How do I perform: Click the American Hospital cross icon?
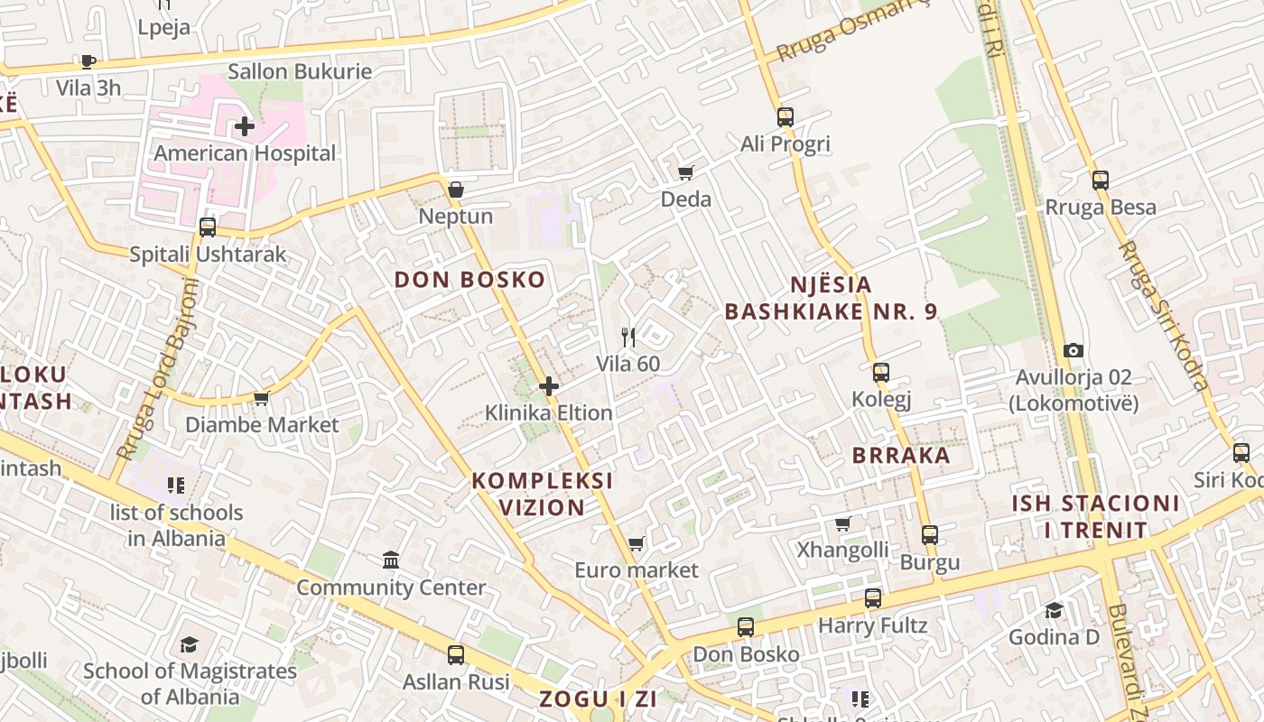[244, 126]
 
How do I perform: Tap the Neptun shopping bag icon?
[456, 190]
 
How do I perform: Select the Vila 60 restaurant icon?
[628, 338]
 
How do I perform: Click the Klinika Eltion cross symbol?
[548, 387]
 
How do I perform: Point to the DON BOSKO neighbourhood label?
[469, 280]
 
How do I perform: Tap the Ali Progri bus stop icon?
[785, 116]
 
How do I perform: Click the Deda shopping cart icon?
[685, 172]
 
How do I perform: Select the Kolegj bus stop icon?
[881, 372]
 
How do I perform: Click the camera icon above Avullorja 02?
[1073, 350]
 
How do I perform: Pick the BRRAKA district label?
[901, 456]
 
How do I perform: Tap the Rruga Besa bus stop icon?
[1100, 180]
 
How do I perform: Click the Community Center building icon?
[391, 560]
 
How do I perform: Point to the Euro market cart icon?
[637, 543]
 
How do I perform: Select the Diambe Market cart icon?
[262, 397]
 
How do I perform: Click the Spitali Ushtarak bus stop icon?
[208, 227]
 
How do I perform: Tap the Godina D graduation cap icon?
[1054, 611]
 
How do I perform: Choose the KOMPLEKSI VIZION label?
[542, 494]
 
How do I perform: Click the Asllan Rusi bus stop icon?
[456, 655]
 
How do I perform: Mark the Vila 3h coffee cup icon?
[88, 61]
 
